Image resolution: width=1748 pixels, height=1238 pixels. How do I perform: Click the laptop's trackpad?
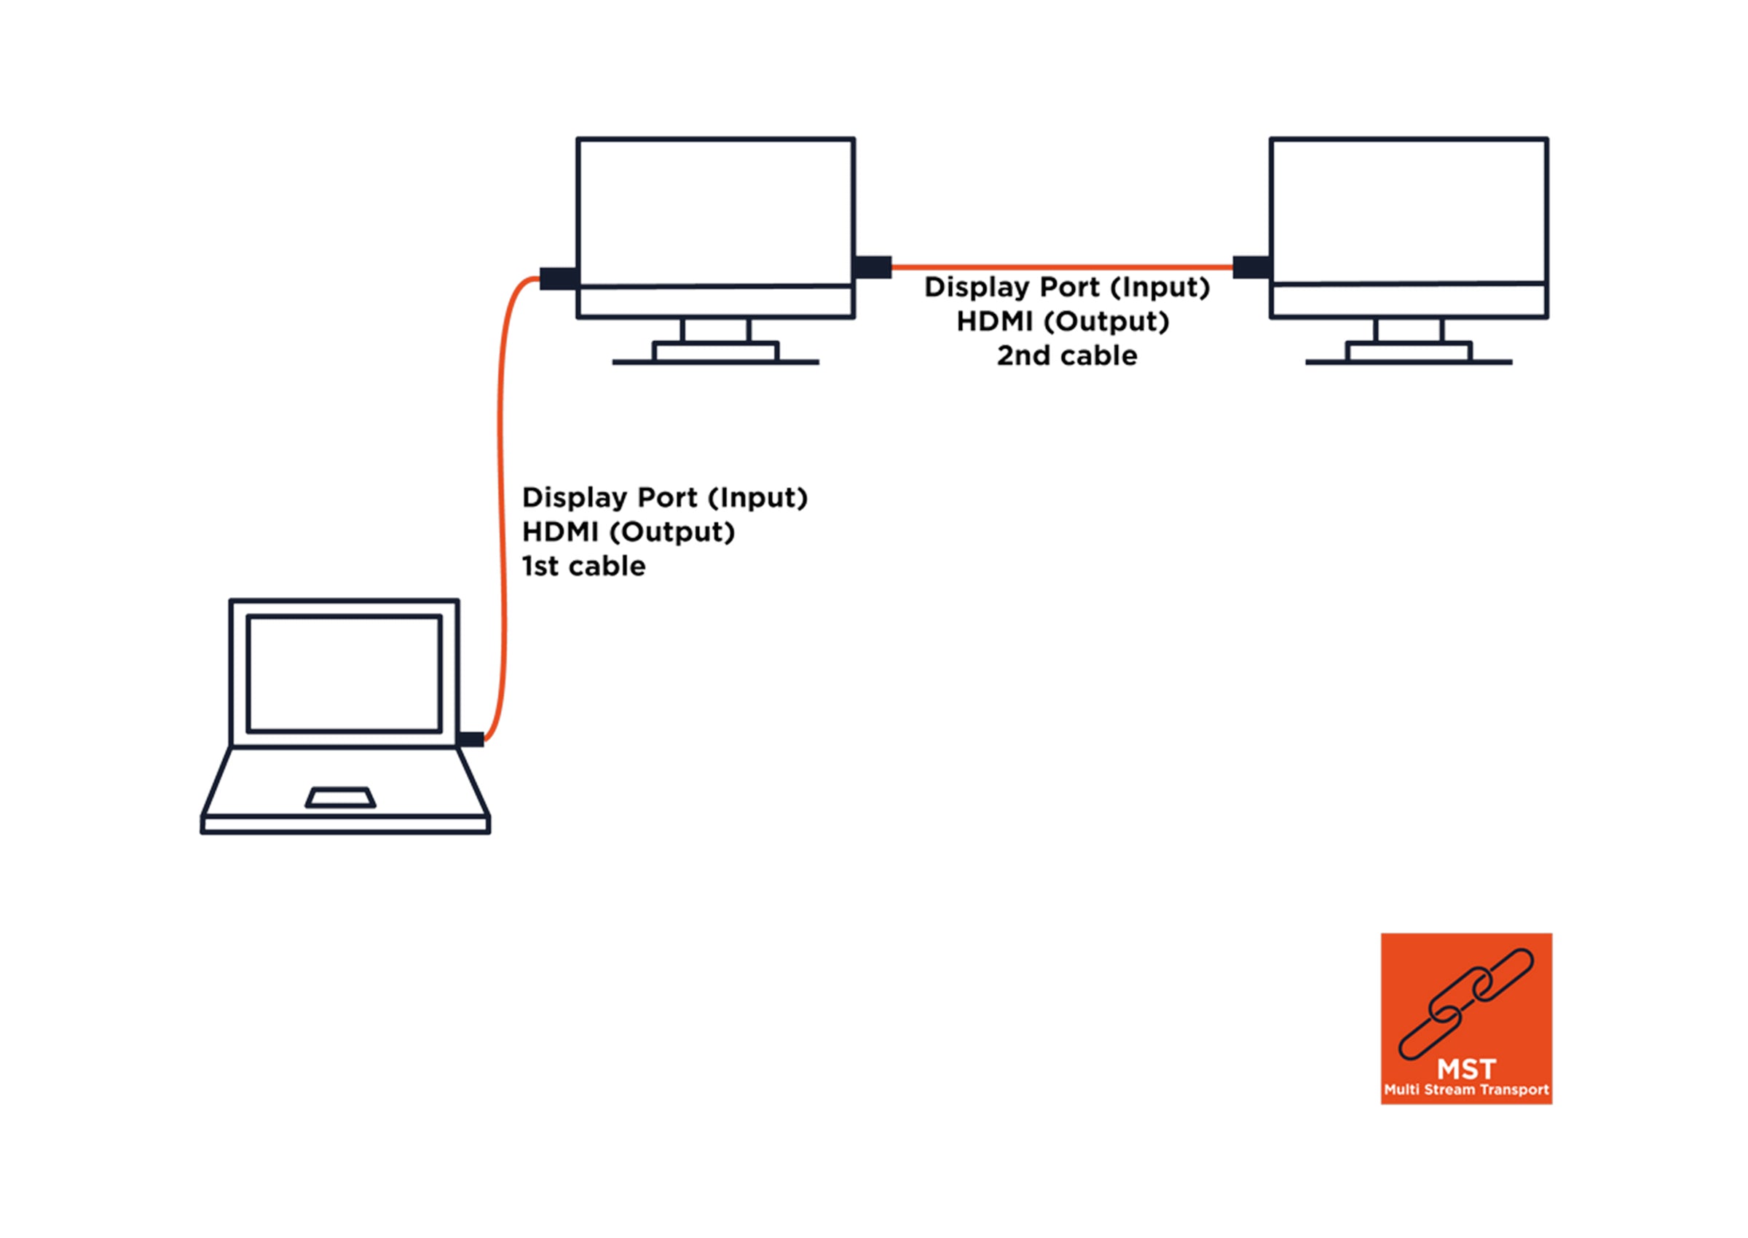(x=340, y=797)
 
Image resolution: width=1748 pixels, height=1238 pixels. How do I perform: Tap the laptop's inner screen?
(x=344, y=673)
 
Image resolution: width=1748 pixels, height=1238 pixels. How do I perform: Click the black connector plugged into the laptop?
(x=471, y=738)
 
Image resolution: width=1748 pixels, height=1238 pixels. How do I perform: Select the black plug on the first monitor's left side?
(x=558, y=278)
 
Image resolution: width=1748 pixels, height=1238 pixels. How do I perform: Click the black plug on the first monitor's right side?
(x=873, y=267)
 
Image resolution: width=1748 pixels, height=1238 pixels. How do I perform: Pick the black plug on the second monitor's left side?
(x=1251, y=267)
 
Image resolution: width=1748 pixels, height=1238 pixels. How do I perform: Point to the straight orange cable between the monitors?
(x=1062, y=267)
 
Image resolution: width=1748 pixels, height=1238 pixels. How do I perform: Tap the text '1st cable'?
(x=583, y=567)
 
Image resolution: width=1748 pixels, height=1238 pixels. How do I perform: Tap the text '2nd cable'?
(x=1066, y=356)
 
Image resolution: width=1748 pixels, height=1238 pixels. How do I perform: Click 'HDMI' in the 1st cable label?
(x=560, y=532)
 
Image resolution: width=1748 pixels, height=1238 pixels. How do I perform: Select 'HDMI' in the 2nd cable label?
(x=995, y=322)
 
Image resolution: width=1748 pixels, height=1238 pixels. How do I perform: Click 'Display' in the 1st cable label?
(x=572, y=498)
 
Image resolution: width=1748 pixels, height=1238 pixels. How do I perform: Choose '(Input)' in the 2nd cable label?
(x=1160, y=288)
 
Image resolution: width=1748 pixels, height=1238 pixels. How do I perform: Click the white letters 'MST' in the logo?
(x=1466, y=1069)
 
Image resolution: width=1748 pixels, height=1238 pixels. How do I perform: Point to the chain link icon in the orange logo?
(x=1465, y=1004)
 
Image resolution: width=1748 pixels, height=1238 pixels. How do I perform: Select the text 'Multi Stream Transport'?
(x=1466, y=1090)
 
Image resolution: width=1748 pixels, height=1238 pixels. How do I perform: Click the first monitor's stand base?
(x=715, y=353)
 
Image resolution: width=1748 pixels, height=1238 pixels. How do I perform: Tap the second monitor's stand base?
(x=1408, y=353)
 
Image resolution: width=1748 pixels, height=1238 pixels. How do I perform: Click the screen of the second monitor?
(x=1408, y=210)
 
